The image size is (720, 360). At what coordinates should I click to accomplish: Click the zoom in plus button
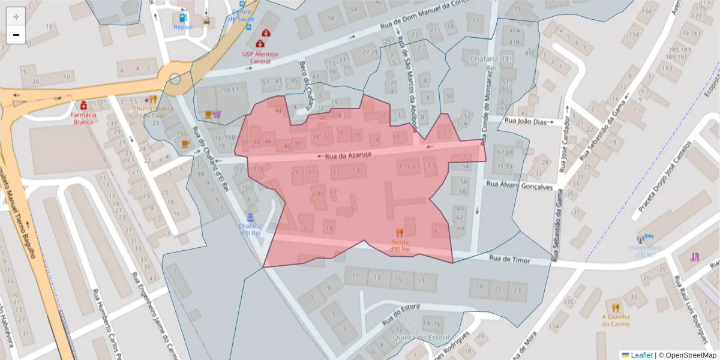16,17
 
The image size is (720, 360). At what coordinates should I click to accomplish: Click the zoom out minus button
16,35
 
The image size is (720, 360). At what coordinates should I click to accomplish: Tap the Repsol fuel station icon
183,17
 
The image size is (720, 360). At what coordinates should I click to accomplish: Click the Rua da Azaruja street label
348,155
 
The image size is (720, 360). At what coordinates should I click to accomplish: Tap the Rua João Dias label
525,121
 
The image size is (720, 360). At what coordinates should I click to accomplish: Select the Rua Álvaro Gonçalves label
520,186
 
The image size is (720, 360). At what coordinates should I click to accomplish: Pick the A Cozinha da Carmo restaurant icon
616,308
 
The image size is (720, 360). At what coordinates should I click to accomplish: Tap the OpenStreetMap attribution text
686,355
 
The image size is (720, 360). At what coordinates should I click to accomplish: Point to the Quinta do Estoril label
420,337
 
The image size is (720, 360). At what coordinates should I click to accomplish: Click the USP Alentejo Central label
260,57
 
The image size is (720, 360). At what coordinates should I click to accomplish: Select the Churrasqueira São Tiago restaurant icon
153,100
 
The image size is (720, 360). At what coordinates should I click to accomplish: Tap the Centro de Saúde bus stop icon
242,4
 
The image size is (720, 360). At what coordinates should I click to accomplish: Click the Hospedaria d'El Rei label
646,251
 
